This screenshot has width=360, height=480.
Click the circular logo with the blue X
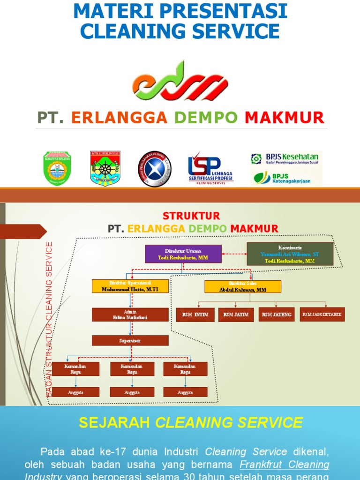tap(154, 169)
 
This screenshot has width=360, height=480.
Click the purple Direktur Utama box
tap(183, 254)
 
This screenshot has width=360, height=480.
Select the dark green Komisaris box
tap(290, 254)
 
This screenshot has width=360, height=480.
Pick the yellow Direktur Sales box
tap(243, 286)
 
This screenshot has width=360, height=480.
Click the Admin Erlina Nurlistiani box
tap(130, 315)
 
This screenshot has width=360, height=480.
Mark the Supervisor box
tap(130, 340)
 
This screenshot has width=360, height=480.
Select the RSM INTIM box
tap(195, 315)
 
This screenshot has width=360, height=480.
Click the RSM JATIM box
tap(236, 315)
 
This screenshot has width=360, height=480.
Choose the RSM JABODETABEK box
tap(322, 315)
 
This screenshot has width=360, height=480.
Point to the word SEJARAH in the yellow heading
tap(115, 422)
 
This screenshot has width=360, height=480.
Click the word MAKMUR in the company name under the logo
tap(285, 118)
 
